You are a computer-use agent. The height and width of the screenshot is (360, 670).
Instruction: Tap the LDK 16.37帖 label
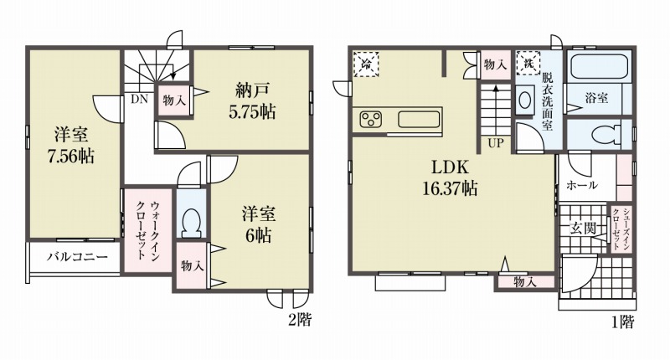450,177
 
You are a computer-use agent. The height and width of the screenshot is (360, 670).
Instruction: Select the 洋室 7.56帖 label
71,146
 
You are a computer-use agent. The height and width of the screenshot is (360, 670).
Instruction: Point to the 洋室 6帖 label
259,224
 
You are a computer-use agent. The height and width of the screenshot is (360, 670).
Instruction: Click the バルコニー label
77,257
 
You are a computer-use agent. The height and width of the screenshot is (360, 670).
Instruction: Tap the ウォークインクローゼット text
148,229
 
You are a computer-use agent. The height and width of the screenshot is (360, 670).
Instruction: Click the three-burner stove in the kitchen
371,120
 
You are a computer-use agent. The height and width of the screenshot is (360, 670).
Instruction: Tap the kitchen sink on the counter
420,120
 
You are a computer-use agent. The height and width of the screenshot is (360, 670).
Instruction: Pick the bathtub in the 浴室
599,67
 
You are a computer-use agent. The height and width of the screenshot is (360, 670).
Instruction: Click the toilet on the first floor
606,134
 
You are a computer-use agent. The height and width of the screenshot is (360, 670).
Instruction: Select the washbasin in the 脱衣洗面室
525,100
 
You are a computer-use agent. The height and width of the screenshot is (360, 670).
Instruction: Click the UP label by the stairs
496,143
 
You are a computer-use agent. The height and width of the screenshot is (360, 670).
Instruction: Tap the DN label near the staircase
139,100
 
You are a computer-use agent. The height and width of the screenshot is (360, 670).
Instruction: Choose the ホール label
582,185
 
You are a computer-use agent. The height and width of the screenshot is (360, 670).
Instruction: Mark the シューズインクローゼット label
619,229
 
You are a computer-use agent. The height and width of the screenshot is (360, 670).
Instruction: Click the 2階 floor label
300,320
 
